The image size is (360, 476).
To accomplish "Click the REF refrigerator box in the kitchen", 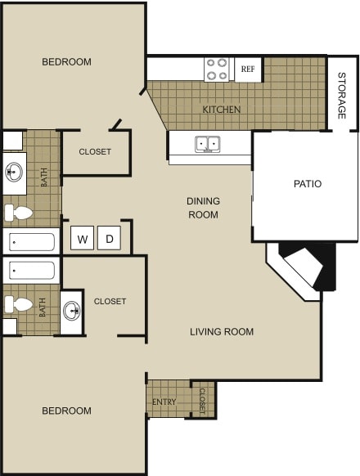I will [248, 70].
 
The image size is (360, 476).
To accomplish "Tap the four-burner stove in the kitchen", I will [217, 70].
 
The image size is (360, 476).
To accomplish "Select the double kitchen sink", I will [207, 145].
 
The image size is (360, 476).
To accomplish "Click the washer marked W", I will [83, 239].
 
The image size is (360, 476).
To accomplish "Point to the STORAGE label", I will [342, 96].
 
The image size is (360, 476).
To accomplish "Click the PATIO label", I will [308, 184].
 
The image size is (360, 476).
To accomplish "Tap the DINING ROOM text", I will [203, 208].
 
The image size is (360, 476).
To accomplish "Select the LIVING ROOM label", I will [222, 331].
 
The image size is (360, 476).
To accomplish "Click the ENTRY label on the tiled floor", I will [164, 402].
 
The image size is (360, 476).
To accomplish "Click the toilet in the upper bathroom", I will [18, 214].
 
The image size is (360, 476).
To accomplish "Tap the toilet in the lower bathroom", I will [18, 304].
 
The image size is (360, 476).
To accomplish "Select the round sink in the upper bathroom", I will [15, 172].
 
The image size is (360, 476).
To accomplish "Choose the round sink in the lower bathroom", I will [72, 311].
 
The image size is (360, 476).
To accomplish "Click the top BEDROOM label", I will [66, 62].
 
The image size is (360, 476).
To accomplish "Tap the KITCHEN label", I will [222, 109].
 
